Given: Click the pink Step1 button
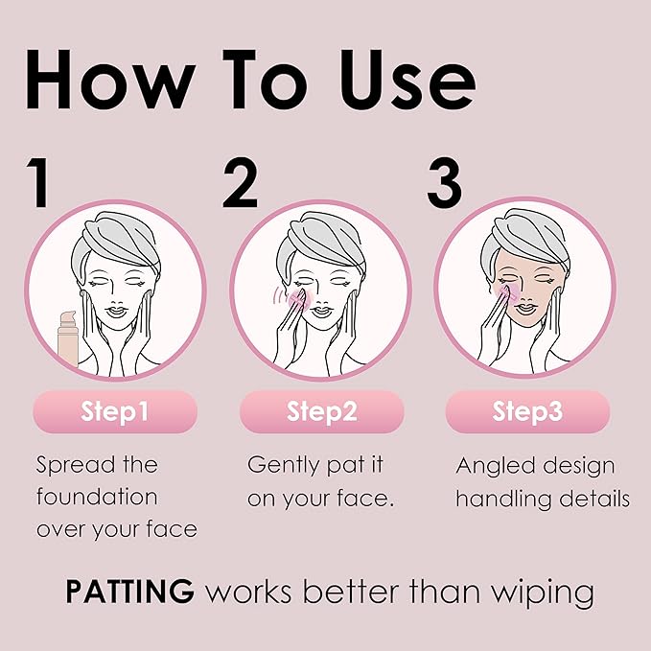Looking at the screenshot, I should coord(115,412).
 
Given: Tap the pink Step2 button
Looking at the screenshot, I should coord(321,412).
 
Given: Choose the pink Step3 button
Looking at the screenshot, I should coord(527,412).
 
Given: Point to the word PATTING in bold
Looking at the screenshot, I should coord(130,592).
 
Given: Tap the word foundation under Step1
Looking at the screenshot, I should coord(97,497).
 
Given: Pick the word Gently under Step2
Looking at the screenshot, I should coord(283,466).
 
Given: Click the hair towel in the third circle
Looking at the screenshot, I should coord(527,232).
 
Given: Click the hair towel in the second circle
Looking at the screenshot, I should coord(321,232).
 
